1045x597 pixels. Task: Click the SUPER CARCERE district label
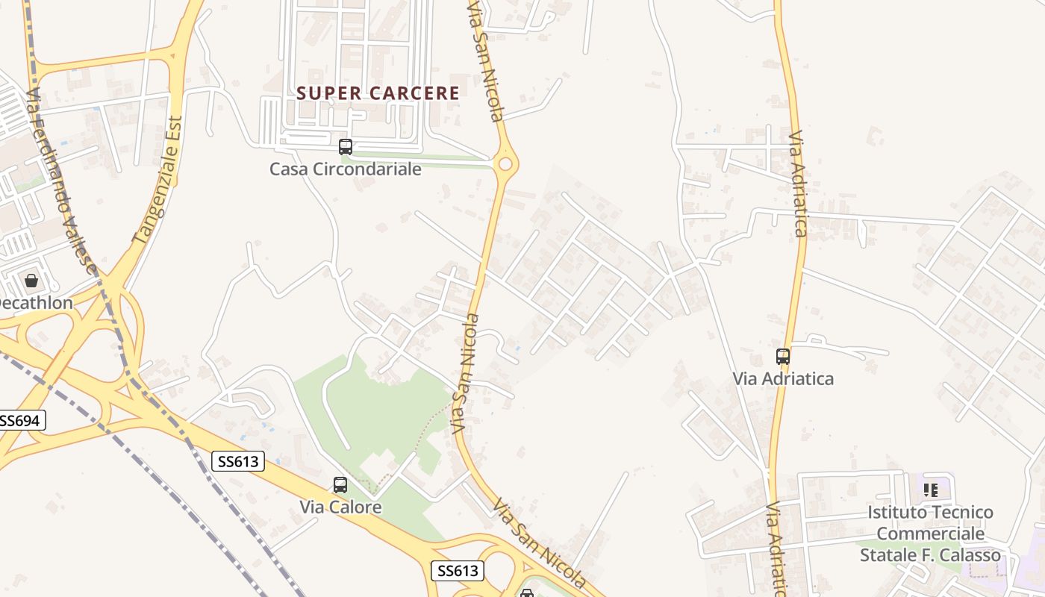pyautogui.click(x=378, y=93)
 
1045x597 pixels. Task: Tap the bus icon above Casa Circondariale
pyautogui.click(x=345, y=147)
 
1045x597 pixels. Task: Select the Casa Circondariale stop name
pyautogui.click(x=345, y=169)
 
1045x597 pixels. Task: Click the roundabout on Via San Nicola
pyautogui.click(x=505, y=163)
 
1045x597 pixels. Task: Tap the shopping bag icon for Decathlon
pyautogui.click(x=31, y=281)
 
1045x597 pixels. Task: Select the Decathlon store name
pyautogui.click(x=34, y=303)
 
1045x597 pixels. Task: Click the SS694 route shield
pyautogui.click(x=20, y=421)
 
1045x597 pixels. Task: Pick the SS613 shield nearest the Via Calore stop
pyautogui.click(x=238, y=461)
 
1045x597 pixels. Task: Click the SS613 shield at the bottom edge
pyautogui.click(x=458, y=571)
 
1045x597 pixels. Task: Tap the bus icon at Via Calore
pyautogui.click(x=340, y=485)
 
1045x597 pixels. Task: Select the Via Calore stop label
pyautogui.click(x=340, y=507)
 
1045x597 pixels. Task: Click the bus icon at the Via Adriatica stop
pyautogui.click(x=782, y=357)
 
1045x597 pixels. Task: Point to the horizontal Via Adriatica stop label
pyautogui.click(x=782, y=378)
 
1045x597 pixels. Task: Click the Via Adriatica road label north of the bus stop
pyautogui.click(x=798, y=184)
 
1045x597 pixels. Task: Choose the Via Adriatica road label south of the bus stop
pyautogui.click(x=776, y=548)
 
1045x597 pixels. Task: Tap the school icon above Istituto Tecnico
pyautogui.click(x=930, y=490)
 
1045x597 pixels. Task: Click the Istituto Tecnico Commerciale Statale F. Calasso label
pyautogui.click(x=930, y=534)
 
